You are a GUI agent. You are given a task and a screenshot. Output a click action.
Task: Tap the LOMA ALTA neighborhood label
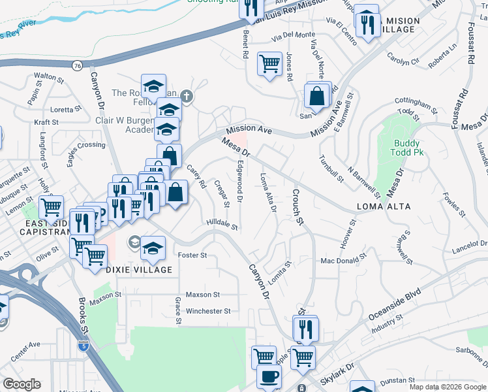(384, 206)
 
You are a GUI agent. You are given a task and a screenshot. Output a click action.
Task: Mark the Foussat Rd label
(470, 46)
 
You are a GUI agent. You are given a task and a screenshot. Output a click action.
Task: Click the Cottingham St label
(416, 103)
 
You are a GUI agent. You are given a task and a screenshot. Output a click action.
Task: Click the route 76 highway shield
(78, 65)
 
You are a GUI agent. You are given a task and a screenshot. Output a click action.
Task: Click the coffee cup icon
(268, 377)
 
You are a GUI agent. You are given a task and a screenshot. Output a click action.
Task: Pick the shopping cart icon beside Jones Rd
(269, 63)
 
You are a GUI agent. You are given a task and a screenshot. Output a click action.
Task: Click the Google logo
(22, 384)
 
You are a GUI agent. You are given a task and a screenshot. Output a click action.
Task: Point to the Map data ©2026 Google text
(448, 387)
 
